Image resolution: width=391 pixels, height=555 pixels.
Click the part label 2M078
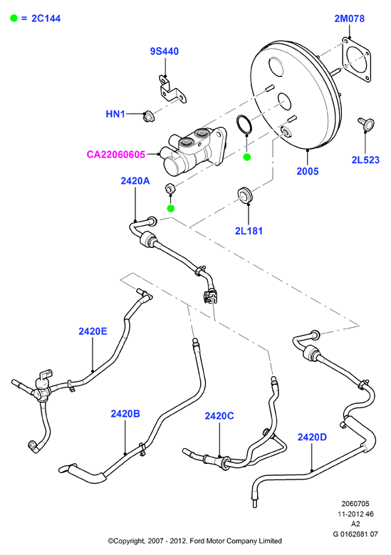(x=349, y=19)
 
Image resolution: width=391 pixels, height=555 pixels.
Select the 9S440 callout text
(x=165, y=51)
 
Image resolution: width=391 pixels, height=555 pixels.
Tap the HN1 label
(x=115, y=114)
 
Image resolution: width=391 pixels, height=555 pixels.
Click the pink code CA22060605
(x=115, y=155)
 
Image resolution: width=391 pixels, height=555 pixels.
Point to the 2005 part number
(x=308, y=171)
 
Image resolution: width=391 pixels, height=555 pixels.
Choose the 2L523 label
(x=365, y=160)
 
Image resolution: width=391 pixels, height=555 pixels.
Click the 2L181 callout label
(x=249, y=231)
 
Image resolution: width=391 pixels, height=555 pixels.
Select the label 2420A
(x=135, y=181)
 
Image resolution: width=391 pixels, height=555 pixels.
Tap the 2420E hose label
(x=93, y=331)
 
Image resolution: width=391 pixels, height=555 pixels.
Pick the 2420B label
(x=125, y=413)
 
